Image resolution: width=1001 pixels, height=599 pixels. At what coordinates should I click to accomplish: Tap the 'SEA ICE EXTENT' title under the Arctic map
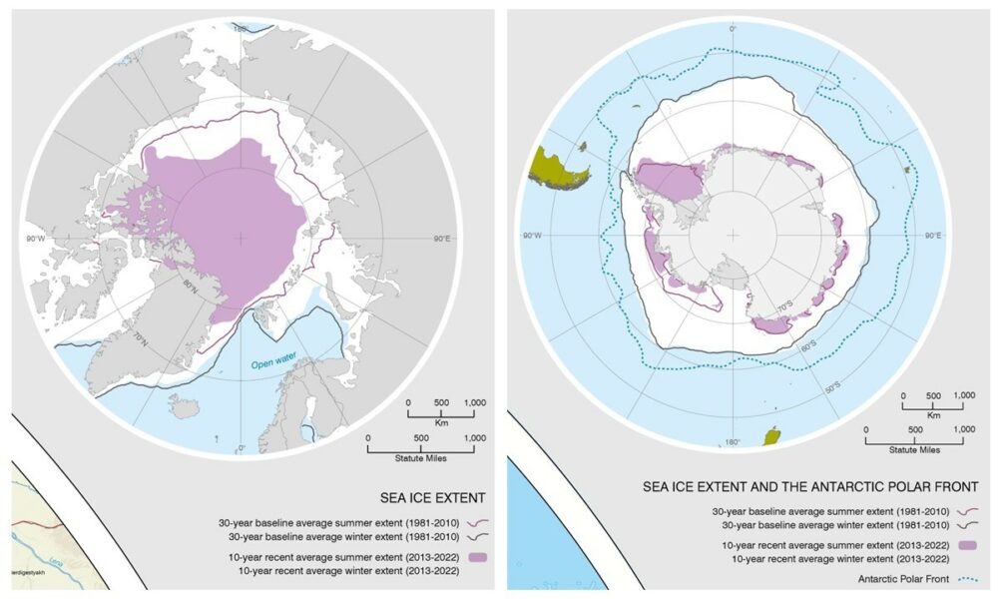click(433, 496)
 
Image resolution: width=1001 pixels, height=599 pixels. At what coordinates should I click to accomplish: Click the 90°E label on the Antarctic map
click(933, 237)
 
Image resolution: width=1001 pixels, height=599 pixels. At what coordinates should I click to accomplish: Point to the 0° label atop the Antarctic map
click(734, 28)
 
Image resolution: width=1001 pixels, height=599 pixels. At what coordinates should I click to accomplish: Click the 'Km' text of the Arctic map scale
click(439, 423)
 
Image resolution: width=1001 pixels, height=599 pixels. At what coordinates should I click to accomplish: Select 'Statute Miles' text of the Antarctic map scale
click(915, 450)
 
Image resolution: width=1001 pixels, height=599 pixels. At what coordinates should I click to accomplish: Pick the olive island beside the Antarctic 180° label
click(771, 436)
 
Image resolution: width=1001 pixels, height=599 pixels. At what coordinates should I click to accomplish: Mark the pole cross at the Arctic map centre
click(240, 238)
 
